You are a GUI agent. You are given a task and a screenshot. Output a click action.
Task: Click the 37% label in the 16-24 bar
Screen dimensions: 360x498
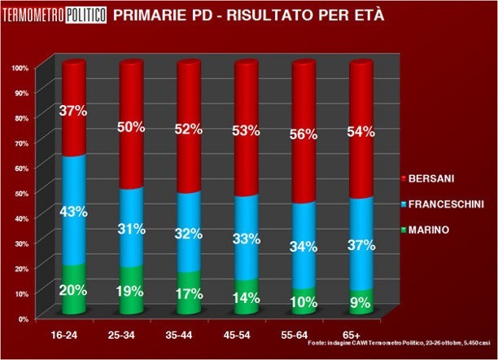(x=74, y=111)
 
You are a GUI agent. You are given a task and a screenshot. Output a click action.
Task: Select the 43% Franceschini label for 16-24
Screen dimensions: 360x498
(x=74, y=212)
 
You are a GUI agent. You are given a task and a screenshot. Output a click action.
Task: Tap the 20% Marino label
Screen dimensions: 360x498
(x=74, y=289)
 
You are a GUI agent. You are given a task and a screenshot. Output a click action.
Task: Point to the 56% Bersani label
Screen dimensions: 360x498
(x=304, y=136)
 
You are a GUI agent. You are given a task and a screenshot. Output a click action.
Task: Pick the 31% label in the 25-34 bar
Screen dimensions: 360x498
(x=131, y=230)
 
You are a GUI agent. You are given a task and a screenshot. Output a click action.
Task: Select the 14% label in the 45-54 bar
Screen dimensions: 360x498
(x=247, y=298)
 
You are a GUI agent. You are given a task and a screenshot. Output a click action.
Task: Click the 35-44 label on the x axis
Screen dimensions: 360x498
(x=188, y=335)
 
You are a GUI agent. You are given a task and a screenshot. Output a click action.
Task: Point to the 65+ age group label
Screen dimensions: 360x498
(x=361, y=335)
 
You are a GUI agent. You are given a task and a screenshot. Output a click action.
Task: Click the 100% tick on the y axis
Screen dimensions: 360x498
(x=20, y=68)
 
